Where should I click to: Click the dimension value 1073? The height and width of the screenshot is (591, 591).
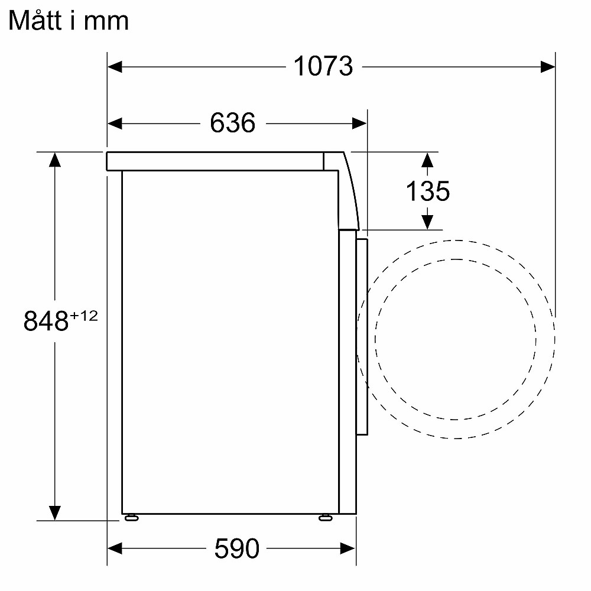(323, 66)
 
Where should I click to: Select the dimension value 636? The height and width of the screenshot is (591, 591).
(232, 123)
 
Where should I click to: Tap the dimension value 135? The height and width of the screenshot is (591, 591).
(427, 191)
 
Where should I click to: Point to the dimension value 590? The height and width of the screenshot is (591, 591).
(236, 549)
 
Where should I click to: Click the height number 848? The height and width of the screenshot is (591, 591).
(46, 322)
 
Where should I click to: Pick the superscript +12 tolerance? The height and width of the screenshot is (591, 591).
(83, 316)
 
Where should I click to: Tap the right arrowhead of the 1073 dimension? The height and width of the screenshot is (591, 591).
(547, 66)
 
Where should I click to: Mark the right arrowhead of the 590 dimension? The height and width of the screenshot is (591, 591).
(348, 549)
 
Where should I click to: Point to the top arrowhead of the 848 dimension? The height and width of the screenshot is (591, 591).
(55, 160)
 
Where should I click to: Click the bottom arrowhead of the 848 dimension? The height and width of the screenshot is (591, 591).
(55, 513)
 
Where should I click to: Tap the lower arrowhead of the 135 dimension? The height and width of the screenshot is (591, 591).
(427, 222)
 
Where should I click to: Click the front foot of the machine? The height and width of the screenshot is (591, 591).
(325, 518)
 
